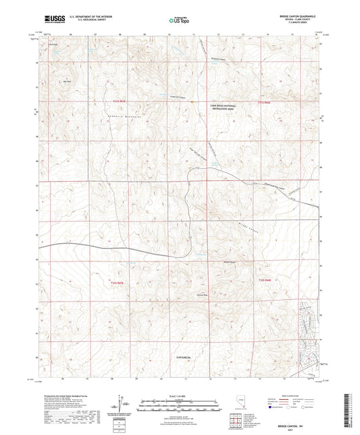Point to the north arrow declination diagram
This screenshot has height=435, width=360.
tap(121, 404)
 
